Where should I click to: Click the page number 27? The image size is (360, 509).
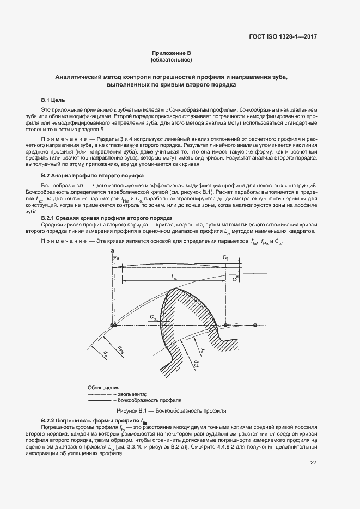pos(313,463)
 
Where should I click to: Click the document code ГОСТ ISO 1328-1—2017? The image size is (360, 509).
pos(283,37)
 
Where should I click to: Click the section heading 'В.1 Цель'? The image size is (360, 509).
pos(53,101)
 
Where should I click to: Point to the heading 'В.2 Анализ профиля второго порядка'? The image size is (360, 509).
pos(92,176)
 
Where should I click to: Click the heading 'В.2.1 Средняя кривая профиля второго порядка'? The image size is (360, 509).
pos(107,218)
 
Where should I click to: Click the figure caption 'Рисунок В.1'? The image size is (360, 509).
pos(172,409)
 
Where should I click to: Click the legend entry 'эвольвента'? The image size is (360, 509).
pos(133,393)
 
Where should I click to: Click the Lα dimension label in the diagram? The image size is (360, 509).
pos(174,277)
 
